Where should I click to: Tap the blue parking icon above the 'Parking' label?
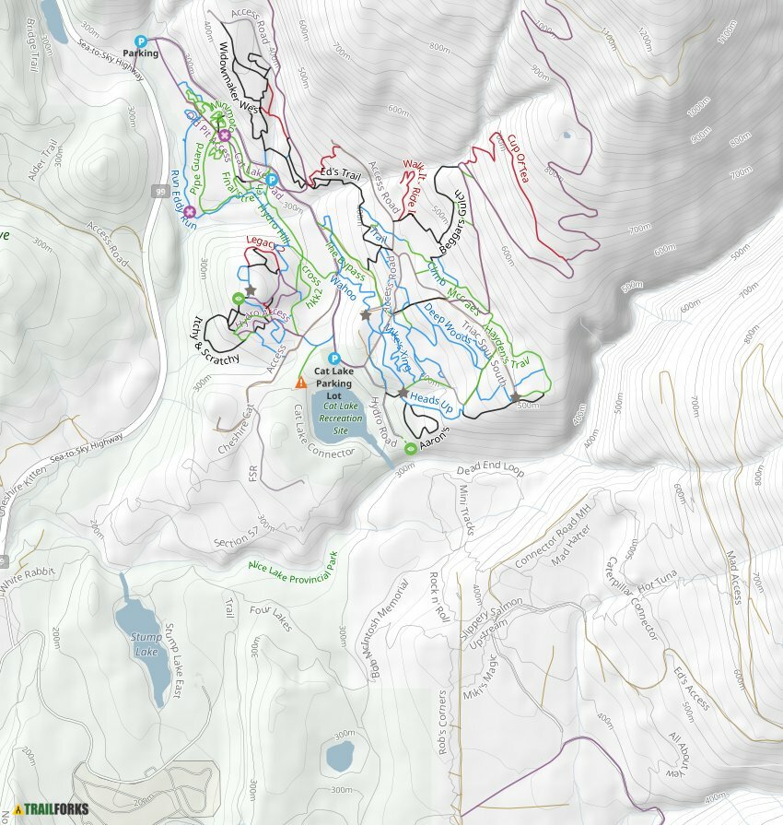click(141, 41)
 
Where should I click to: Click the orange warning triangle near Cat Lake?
click(301, 382)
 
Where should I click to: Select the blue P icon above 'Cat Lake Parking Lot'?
click(334, 359)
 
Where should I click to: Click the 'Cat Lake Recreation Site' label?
click(341, 418)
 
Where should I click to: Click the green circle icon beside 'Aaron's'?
click(410, 449)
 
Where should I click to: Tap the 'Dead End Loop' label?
click(490, 470)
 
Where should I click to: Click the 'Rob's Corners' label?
click(443, 723)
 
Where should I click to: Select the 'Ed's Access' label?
click(691, 689)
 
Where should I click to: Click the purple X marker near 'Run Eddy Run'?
click(188, 212)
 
